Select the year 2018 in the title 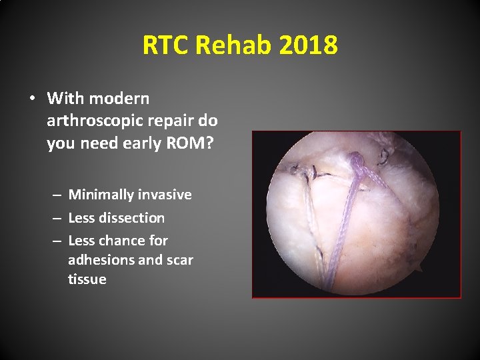tap(309, 45)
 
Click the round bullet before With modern tap(31, 99)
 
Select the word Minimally tap(101, 195)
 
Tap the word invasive tap(165, 195)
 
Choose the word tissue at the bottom tap(87, 279)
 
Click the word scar tap(179, 260)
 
